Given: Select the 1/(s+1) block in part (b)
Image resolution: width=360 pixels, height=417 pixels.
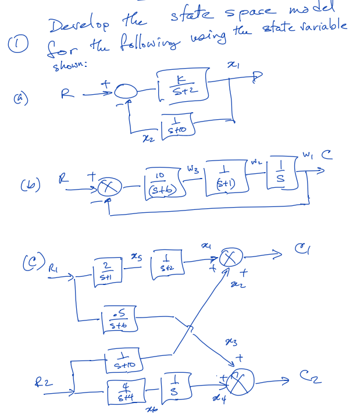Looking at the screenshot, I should coord(223,183).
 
